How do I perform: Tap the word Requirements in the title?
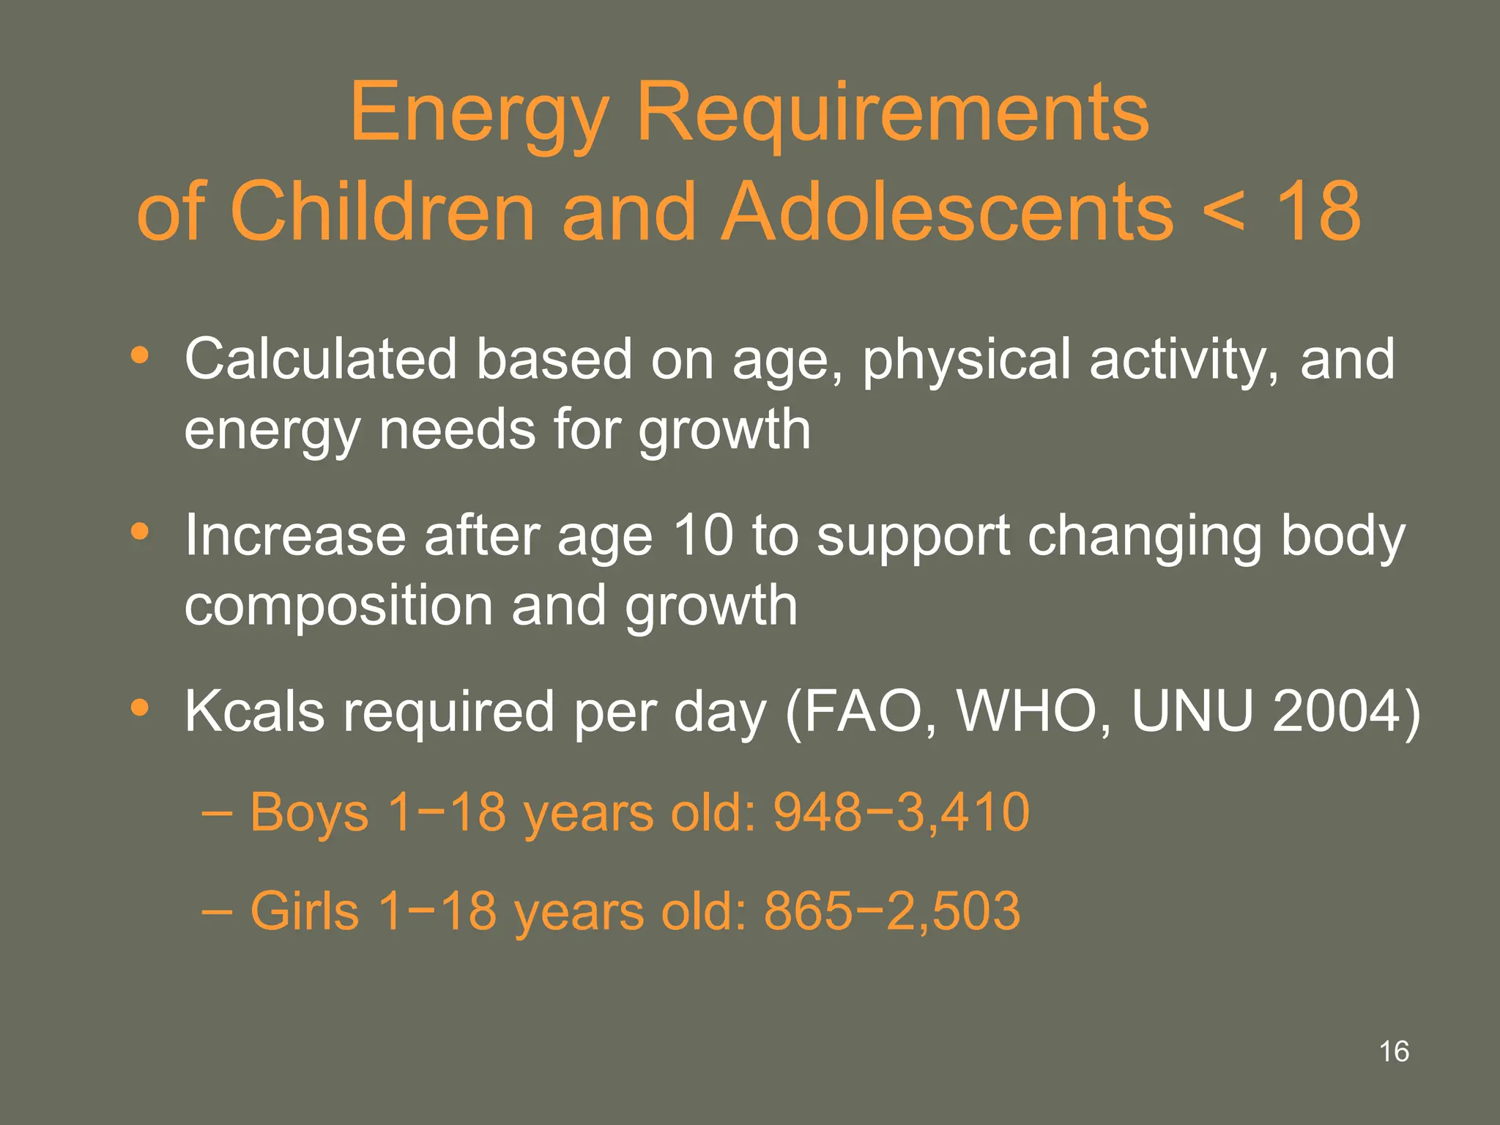tap(893, 114)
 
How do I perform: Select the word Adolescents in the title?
tap(948, 212)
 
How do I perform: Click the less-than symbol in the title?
tap(1223, 212)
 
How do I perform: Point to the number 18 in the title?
tap(1318, 212)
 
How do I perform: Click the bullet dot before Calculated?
tap(139, 356)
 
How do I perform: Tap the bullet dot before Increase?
tap(139, 532)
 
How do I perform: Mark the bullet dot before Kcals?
tap(139, 708)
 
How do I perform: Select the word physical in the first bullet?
tap(966, 360)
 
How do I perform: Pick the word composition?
tap(339, 606)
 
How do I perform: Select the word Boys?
tap(309, 812)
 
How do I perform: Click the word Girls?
tap(305, 911)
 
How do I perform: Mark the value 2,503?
tap(953, 911)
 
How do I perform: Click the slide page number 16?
tap(1394, 1052)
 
